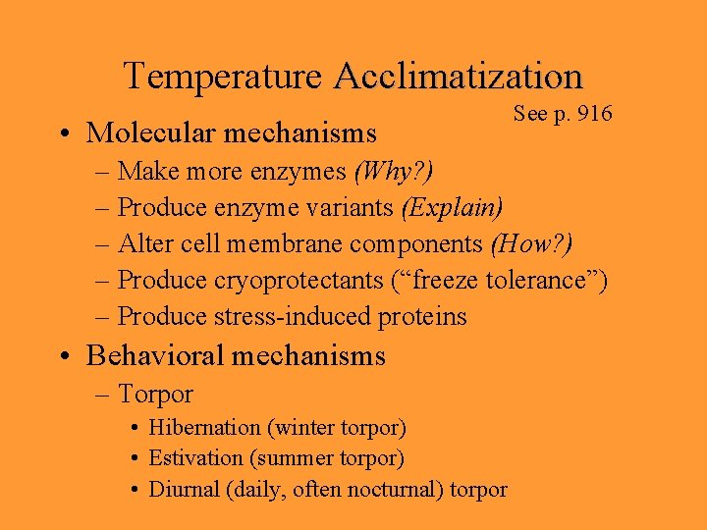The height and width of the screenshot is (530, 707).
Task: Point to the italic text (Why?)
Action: click(393, 172)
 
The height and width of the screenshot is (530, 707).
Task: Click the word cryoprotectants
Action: click(299, 281)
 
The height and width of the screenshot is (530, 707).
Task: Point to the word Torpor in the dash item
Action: click(155, 395)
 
